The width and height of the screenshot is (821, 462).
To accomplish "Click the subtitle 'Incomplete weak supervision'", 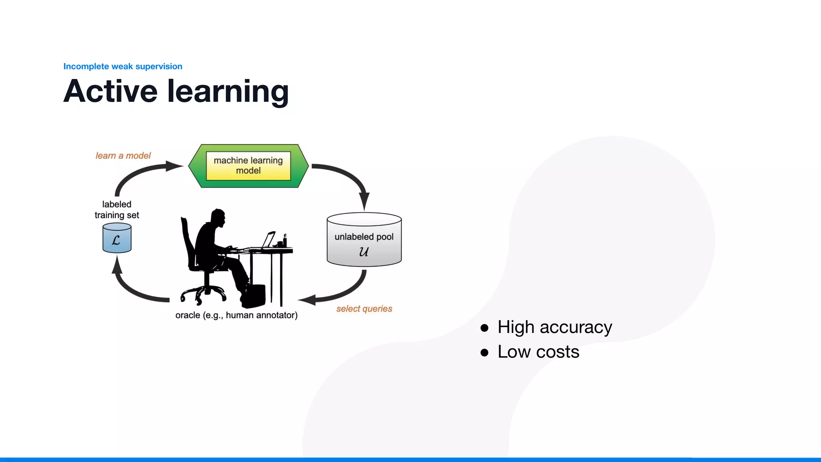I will [123, 67].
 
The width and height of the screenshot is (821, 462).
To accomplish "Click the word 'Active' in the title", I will [110, 91].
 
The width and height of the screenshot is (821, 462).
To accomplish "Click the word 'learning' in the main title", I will [228, 92].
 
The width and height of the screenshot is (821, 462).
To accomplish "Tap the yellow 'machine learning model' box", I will [248, 166].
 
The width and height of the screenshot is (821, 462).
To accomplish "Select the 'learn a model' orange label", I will [123, 156].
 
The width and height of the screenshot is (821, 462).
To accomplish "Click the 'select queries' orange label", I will [364, 309].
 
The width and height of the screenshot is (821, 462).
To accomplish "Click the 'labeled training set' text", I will [117, 210].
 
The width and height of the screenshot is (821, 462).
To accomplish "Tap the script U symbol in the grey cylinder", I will [364, 252].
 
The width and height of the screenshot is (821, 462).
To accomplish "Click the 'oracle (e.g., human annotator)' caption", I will [237, 315].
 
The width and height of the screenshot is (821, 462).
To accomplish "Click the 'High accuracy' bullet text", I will [554, 327].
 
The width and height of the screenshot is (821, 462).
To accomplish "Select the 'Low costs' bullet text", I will [538, 352].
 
